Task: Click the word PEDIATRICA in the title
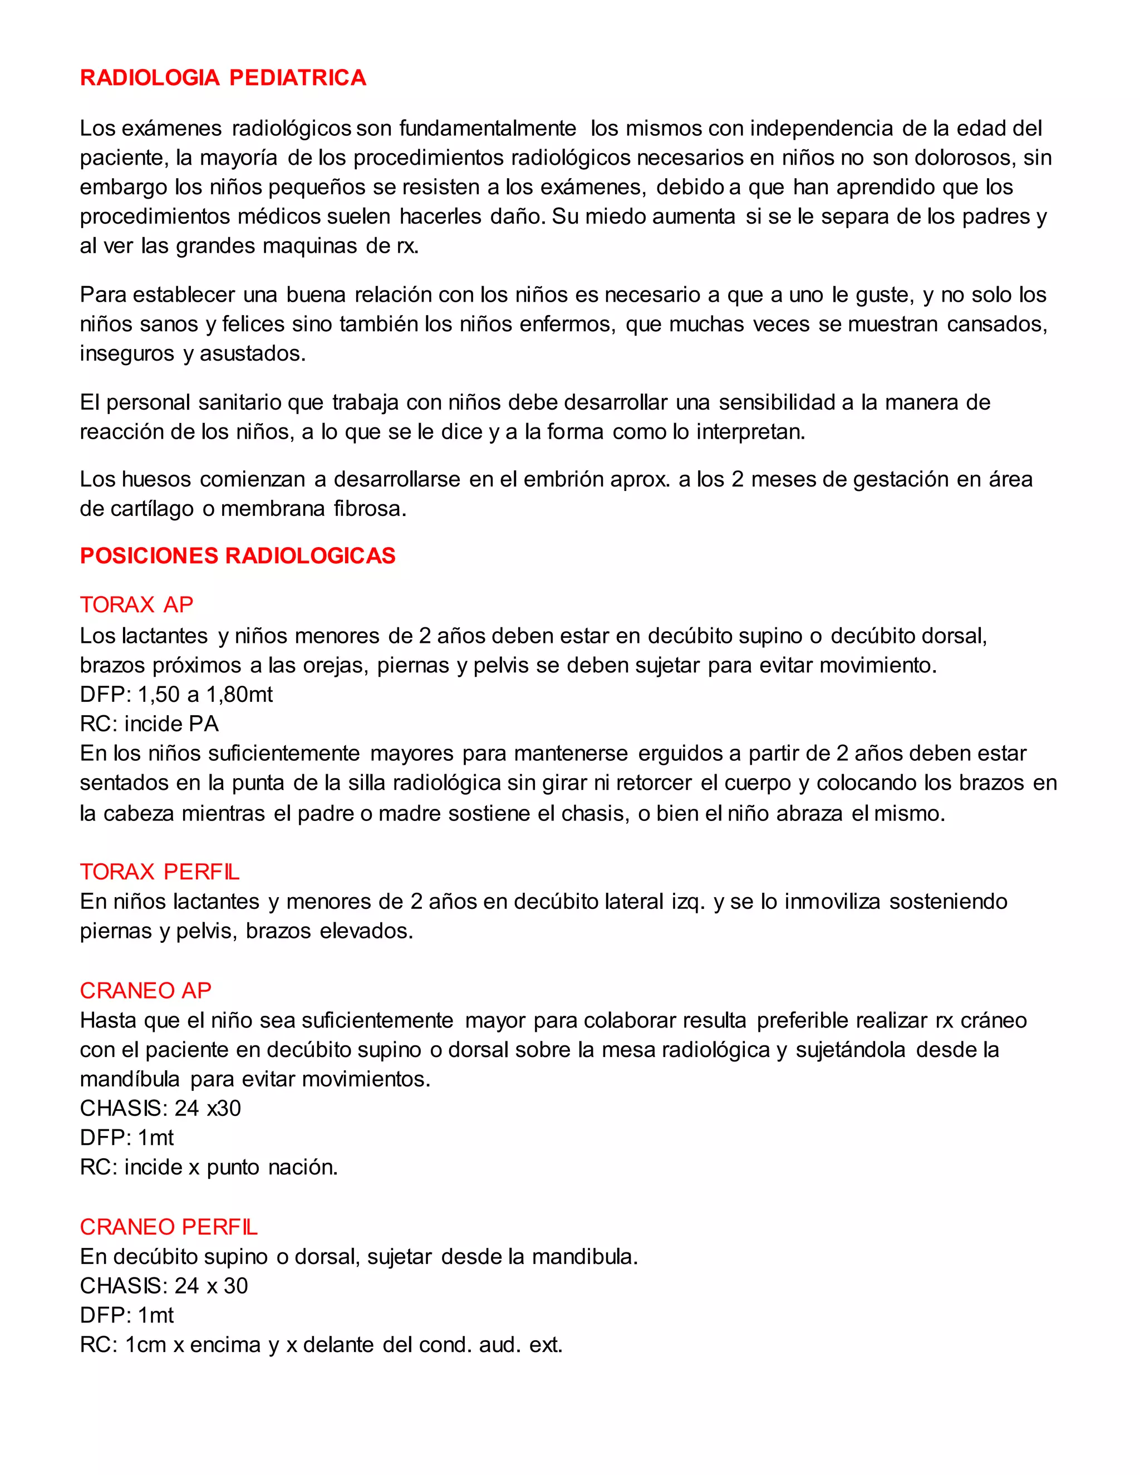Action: tap(298, 78)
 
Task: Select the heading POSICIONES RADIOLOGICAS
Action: tap(238, 556)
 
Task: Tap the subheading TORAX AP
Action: tap(136, 604)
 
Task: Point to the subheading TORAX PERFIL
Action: tap(159, 872)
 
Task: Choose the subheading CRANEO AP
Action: tap(145, 991)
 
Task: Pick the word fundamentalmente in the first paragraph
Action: tap(488, 129)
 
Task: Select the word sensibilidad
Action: tap(776, 402)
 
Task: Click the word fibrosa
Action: tap(370, 509)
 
